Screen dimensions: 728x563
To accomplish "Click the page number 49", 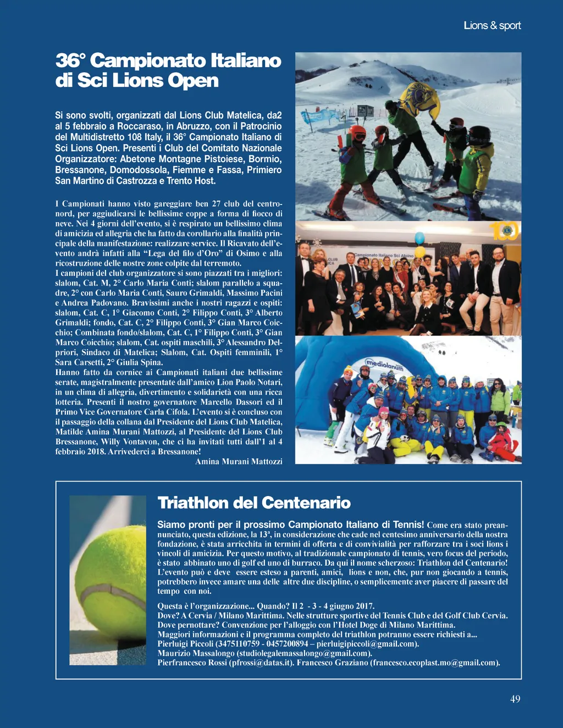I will pos(515,699).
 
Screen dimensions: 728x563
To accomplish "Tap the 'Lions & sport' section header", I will pos(492,25).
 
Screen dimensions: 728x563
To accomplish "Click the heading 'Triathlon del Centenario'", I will pos(254,503).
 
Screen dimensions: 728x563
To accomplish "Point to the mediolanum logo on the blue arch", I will pos(385,365).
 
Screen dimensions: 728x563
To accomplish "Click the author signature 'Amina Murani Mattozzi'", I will pos(239,461).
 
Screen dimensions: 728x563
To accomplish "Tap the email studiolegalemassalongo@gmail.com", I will pos(304,653).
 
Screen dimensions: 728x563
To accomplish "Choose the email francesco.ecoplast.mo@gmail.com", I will pos(435,663).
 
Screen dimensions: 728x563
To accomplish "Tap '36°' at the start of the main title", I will pos(71,60).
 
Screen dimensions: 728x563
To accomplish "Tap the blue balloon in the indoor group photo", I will pos(420,238).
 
